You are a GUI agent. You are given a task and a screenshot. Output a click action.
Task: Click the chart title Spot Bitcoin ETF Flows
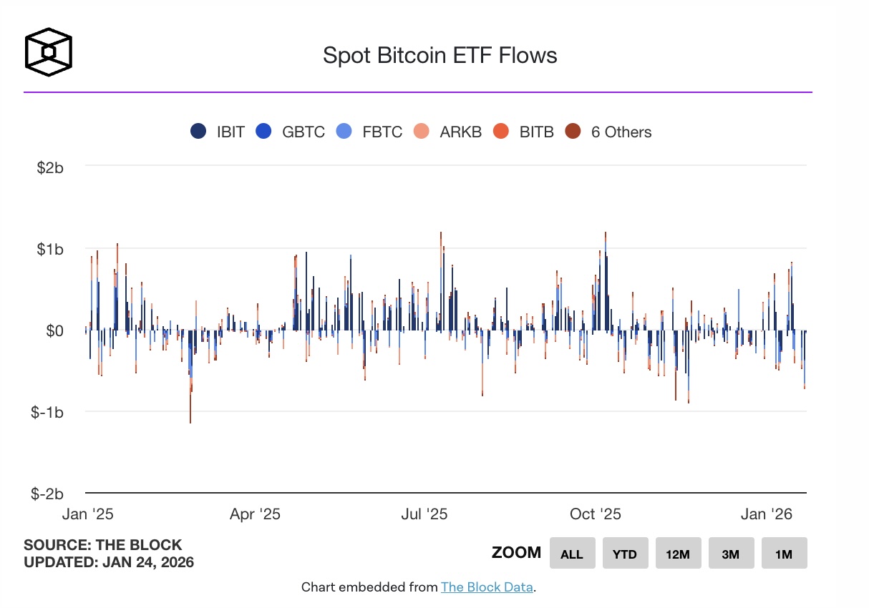[x=440, y=55]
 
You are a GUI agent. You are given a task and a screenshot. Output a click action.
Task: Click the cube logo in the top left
[x=49, y=52]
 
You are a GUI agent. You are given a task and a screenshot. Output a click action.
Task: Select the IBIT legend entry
[x=218, y=132]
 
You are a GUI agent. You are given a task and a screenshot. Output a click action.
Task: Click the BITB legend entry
[x=524, y=132]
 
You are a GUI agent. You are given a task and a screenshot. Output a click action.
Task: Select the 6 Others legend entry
[x=608, y=132]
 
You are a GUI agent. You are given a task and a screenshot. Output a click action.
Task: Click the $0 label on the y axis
[x=55, y=330]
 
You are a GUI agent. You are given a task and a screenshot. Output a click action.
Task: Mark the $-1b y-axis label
[x=48, y=413]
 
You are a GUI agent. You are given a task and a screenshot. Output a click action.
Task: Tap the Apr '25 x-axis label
[x=255, y=514]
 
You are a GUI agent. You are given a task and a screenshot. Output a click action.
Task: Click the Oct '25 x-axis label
[x=596, y=514]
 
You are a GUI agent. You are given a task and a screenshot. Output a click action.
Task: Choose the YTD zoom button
[x=625, y=554]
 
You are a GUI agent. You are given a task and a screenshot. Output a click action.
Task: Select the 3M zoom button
[x=731, y=554]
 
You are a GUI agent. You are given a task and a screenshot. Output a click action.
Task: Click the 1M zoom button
[x=784, y=554]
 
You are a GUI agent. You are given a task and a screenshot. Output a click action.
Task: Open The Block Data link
[x=487, y=587]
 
